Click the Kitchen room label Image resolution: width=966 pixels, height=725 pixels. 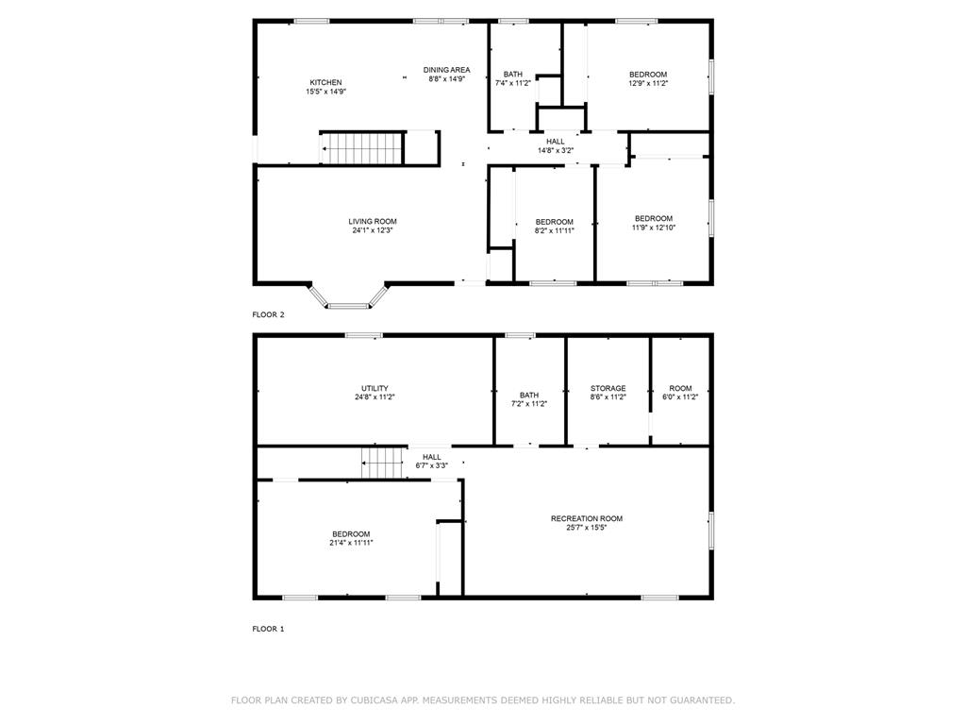[x=325, y=87]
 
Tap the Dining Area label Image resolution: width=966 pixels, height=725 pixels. [x=446, y=75]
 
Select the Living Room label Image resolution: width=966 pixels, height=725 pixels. [x=373, y=226]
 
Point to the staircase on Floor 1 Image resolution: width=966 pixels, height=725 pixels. [x=384, y=463]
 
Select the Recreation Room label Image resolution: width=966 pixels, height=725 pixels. [x=587, y=523]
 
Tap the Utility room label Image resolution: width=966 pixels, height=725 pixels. [x=375, y=393]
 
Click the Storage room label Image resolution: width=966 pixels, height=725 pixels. [x=608, y=393]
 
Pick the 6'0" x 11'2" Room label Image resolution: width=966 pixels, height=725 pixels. [x=680, y=393]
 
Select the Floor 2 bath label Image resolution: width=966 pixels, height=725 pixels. [x=512, y=78]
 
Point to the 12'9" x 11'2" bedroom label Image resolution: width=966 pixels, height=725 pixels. [x=648, y=78]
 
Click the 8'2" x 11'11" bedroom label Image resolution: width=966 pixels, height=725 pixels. [x=554, y=226]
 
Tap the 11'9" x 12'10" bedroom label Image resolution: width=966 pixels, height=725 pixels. [x=653, y=223]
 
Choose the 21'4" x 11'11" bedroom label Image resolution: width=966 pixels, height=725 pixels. [x=350, y=538]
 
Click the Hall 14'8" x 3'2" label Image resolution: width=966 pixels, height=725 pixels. [x=556, y=145]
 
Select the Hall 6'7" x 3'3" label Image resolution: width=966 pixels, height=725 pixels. [x=431, y=461]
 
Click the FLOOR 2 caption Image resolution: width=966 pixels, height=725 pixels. [x=268, y=314]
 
